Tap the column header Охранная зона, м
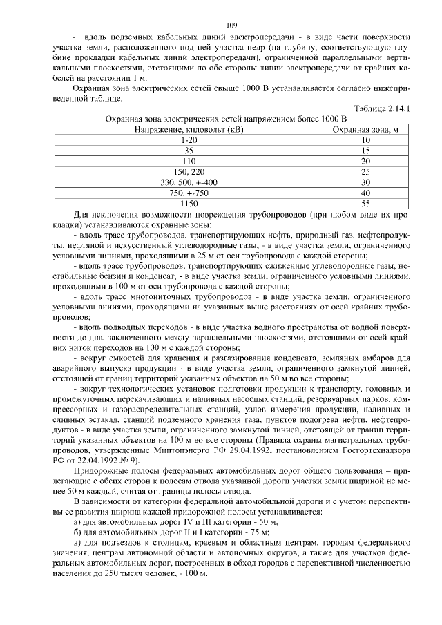[x=365, y=129]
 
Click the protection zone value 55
[x=365, y=203]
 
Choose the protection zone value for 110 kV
[x=365, y=161]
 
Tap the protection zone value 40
[x=365, y=193]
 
